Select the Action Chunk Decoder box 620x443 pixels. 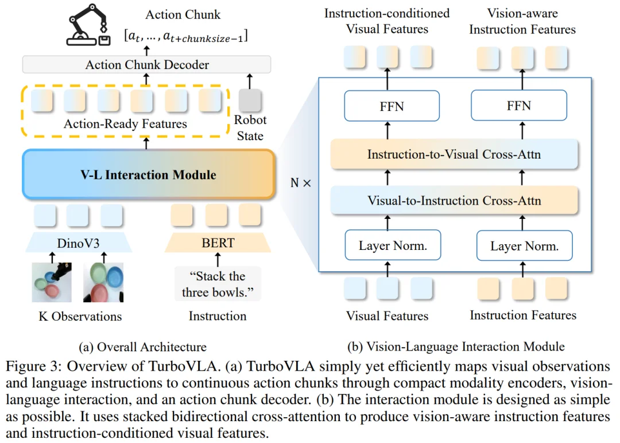coord(147,64)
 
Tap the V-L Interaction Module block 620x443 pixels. coord(149,174)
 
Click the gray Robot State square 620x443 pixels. coord(250,100)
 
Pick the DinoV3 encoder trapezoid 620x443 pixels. coord(78,242)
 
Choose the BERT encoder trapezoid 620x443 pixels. coord(218,242)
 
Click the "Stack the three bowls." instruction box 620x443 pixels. coord(218,284)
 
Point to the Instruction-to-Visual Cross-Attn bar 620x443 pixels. coord(454,154)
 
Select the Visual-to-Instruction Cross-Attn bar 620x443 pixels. coord(454,201)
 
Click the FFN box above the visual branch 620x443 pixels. coord(392,106)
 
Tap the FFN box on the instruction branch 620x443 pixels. coord(519,105)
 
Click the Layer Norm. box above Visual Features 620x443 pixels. coord(393,245)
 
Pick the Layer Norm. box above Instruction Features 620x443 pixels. coord(524,245)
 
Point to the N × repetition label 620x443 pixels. coord(300,183)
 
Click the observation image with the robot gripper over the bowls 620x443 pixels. coord(52,282)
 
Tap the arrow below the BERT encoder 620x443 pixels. coord(218,260)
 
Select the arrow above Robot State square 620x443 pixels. coord(250,81)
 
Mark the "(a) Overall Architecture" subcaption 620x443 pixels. coord(142,347)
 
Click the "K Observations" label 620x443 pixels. coord(80,316)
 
